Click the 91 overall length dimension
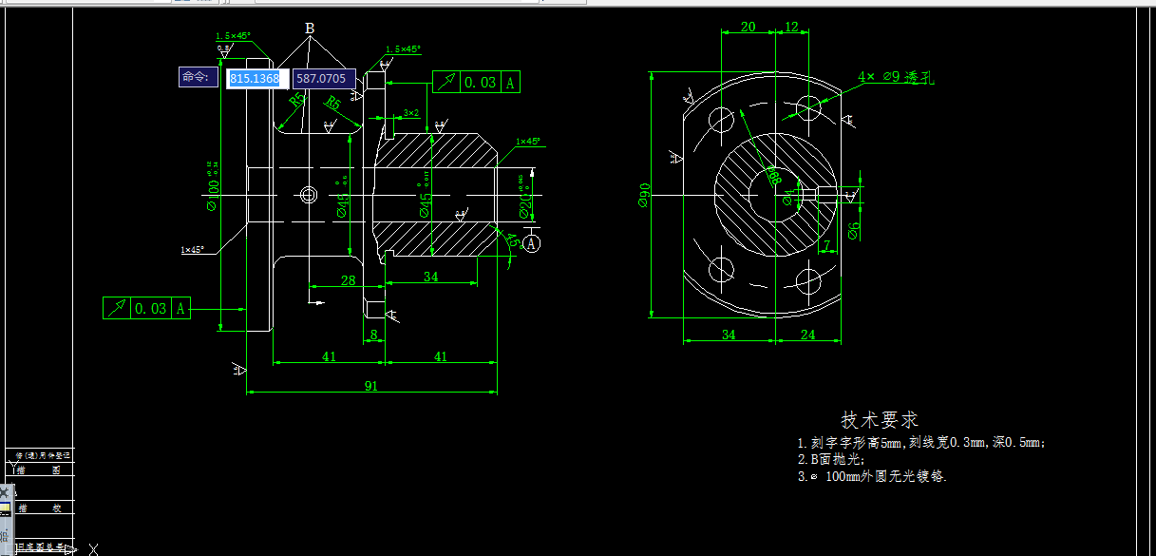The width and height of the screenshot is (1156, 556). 370,385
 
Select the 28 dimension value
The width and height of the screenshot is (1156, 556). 348,279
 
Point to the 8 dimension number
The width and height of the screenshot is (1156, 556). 373,334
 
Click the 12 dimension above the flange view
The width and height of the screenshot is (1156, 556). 791,27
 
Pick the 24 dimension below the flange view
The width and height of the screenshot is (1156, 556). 807,334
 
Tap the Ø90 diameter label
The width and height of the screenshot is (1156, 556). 643,195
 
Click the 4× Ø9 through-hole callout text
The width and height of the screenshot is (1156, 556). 896,77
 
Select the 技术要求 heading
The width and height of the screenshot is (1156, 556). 880,419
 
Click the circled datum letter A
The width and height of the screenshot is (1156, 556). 531,244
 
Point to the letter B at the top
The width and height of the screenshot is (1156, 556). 310,29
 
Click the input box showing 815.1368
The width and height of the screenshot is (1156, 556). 256,78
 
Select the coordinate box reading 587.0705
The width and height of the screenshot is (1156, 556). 322,78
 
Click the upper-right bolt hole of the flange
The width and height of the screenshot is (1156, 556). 808,106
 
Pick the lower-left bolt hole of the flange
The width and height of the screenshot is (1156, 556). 722,269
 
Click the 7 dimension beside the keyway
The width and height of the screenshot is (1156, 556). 826,246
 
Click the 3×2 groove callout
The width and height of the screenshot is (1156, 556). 410,112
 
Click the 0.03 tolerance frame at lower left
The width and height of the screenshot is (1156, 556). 147,308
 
